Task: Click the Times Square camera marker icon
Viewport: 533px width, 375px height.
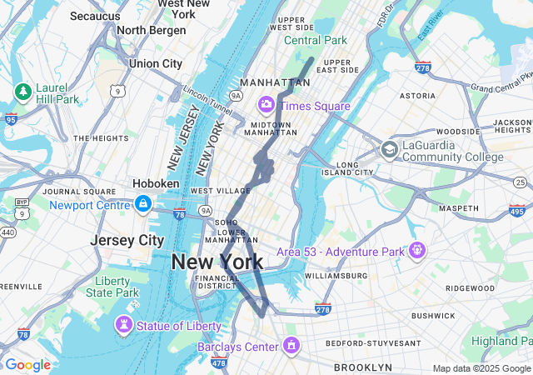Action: (266, 105)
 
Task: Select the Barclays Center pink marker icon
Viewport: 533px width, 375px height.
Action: (291, 345)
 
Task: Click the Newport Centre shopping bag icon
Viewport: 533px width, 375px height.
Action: (143, 204)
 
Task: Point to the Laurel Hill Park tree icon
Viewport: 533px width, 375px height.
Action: (22, 90)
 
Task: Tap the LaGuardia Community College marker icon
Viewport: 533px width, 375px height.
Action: (389, 149)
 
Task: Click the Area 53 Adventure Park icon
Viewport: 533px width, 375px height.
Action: (416, 250)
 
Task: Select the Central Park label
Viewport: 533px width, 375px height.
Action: (316, 40)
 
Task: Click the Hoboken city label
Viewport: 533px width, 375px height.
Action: (156, 183)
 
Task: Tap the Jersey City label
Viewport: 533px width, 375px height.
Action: (127, 240)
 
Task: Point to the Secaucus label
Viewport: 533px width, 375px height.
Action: (95, 16)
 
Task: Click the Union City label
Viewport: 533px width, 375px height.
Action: (155, 63)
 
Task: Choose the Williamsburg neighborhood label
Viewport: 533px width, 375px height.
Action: (336, 275)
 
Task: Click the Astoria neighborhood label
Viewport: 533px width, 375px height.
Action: (417, 96)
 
